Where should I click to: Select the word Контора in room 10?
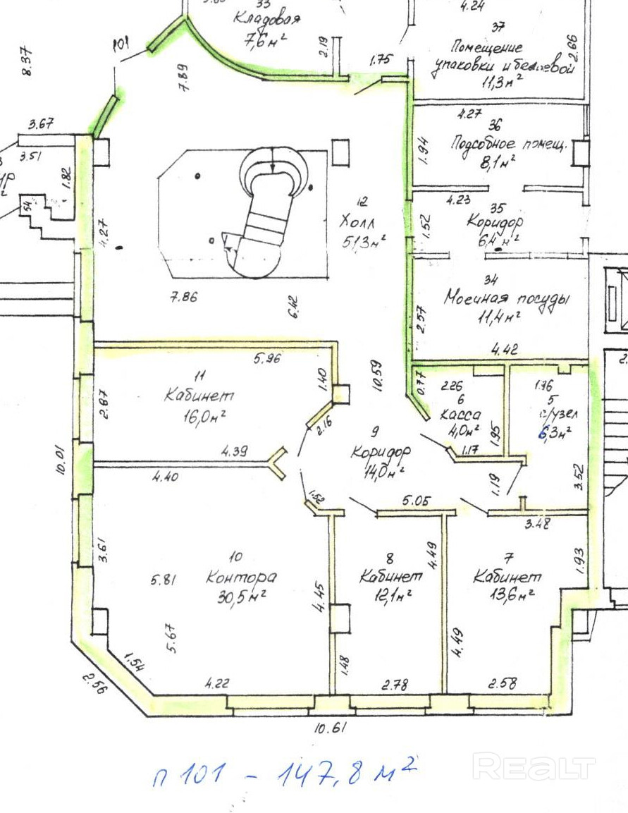[x=241, y=577]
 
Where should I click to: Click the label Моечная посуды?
[x=506, y=299]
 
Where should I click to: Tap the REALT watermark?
[x=534, y=767]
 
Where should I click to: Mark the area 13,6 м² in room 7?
[x=510, y=594]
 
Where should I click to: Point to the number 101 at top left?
[x=121, y=47]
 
